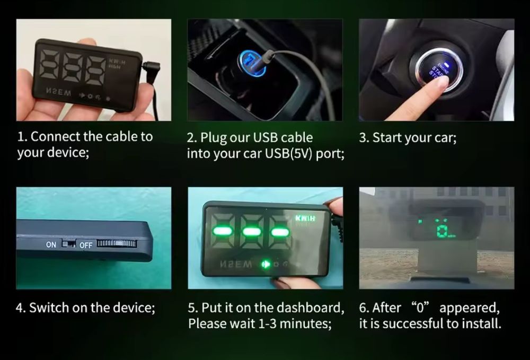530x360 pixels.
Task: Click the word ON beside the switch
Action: click(51, 244)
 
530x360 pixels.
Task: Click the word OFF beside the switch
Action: click(86, 245)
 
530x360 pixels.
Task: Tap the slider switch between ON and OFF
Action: click(68, 244)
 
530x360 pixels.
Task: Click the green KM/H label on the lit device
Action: click(305, 218)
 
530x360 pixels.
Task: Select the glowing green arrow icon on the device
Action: click(266, 264)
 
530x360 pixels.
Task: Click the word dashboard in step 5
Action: click(308, 308)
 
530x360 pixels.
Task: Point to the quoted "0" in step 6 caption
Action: click(420, 307)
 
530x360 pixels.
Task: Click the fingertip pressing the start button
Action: click(440, 83)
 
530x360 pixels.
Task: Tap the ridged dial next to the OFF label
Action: click(117, 243)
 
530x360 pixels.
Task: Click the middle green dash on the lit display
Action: click(252, 232)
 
